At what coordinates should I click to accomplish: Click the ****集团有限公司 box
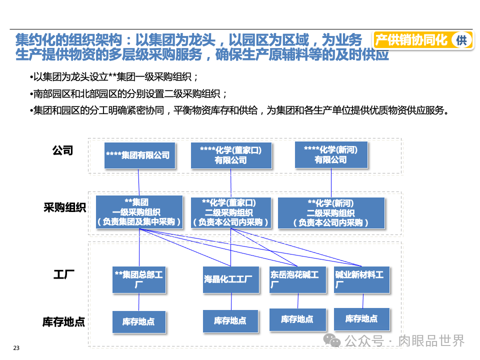pyautogui.click(x=138, y=155)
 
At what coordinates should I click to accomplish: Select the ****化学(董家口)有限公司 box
pyautogui.click(x=231, y=155)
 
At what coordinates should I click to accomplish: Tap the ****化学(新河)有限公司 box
pyautogui.click(x=330, y=155)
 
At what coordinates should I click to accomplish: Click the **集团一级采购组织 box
pyautogui.click(x=138, y=212)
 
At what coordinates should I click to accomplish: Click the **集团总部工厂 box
pyautogui.click(x=138, y=279)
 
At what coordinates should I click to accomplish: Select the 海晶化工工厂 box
pyautogui.click(x=231, y=279)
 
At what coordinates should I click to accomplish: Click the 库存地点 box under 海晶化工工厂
pyautogui.click(x=231, y=321)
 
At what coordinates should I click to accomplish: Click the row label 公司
pyautogui.click(x=63, y=150)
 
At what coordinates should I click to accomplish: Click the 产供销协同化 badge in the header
pyautogui.click(x=411, y=40)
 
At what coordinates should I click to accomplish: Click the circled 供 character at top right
pyautogui.click(x=461, y=40)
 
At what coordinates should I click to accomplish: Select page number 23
pyautogui.click(x=16, y=348)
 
